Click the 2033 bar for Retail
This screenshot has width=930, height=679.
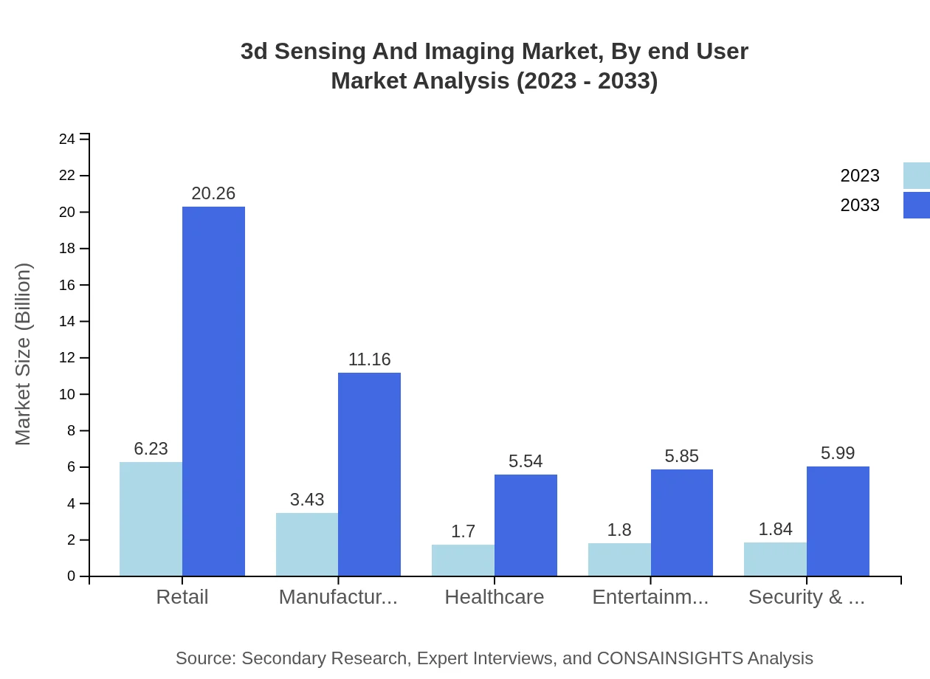pyautogui.click(x=213, y=391)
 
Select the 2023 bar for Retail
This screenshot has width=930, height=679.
pyautogui.click(x=151, y=519)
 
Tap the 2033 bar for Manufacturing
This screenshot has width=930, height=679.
pyautogui.click(x=369, y=474)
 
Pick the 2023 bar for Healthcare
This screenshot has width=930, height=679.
pyautogui.click(x=463, y=560)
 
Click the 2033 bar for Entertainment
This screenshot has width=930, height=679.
pyautogui.click(x=682, y=523)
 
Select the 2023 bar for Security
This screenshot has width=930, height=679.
pyautogui.click(x=775, y=559)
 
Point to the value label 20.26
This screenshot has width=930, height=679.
pyautogui.click(x=213, y=193)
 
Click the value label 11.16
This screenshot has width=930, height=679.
pyautogui.click(x=369, y=359)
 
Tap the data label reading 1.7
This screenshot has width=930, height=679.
pyautogui.click(x=463, y=531)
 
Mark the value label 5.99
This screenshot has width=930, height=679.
pyautogui.click(x=838, y=453)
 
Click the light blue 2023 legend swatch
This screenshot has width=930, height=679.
pyautogui.click(x=916, y=176)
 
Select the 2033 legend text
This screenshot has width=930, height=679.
pyautogui.click(x=860, y=205)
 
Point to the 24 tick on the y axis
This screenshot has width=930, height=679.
pyautogui.click(x=67, y=139)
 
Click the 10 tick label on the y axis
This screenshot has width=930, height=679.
pyautogui.click(x=67, y=394)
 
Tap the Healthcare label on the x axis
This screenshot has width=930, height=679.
pyautogui.click(x=494, y=597)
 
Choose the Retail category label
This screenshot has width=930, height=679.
pyautogui.click(x=182, y=597)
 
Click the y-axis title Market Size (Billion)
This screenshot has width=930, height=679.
pyautogui.click(x=24, y=354)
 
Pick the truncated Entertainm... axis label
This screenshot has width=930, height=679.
pyautogui.click(x=650, y=597)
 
